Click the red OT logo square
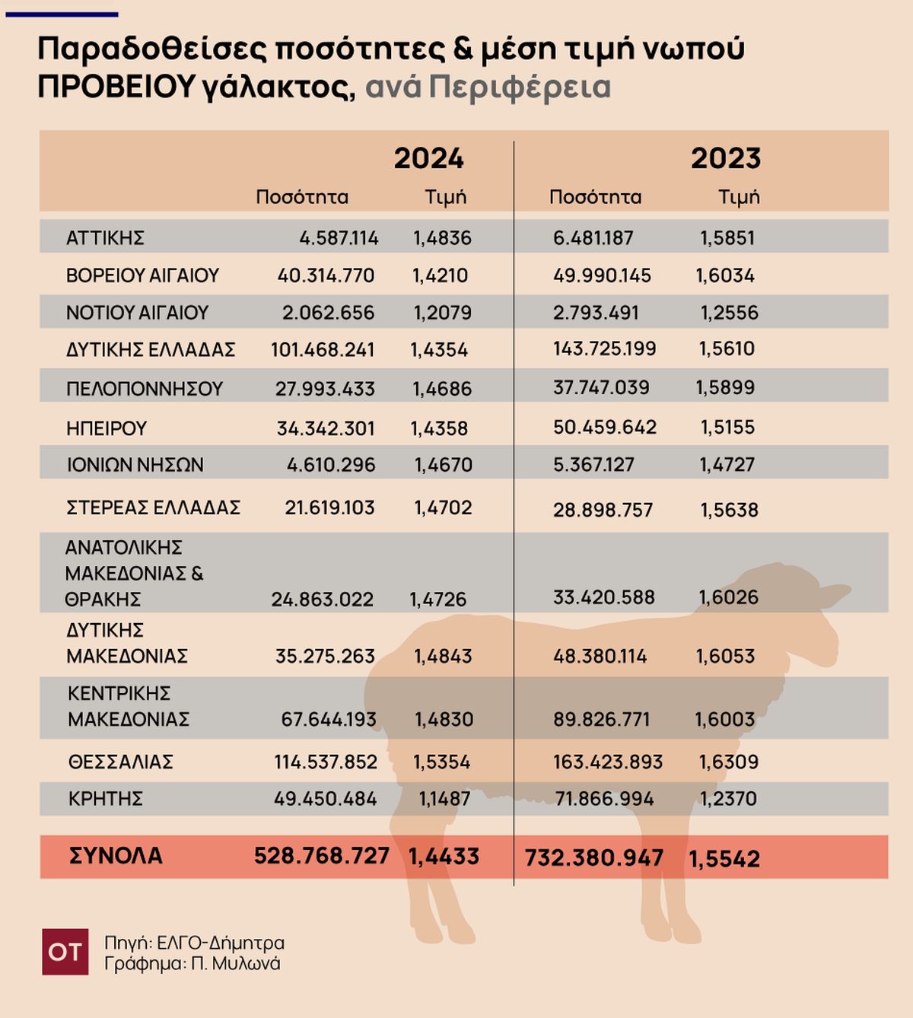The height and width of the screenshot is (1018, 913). point(65,951)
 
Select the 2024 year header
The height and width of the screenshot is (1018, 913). point(428,158)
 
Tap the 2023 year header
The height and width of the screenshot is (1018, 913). point(725,158)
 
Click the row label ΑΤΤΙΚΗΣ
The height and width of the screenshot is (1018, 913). point(105,238)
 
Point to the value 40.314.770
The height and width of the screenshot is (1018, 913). point(326,275)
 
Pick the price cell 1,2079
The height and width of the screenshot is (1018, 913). point(442,313)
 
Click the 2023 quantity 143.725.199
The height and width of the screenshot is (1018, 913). point(604,349)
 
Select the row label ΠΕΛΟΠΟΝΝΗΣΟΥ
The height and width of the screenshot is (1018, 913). point(144,389)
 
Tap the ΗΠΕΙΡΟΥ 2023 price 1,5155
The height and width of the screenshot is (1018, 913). point(727,428)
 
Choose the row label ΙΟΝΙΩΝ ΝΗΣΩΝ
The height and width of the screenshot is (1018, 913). point(135,465)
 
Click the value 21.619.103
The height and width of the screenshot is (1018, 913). point(329,507)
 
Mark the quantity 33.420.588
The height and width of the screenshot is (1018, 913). point(603,597)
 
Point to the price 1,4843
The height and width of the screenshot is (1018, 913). point(443,656)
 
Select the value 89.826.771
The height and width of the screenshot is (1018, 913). point(601,720)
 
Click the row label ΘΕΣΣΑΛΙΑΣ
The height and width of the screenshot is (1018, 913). point(120,762)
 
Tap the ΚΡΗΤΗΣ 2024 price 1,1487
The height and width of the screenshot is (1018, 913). point(444,799)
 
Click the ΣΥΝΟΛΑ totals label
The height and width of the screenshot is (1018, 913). point(116,856)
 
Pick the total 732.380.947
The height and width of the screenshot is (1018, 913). point(593,858)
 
